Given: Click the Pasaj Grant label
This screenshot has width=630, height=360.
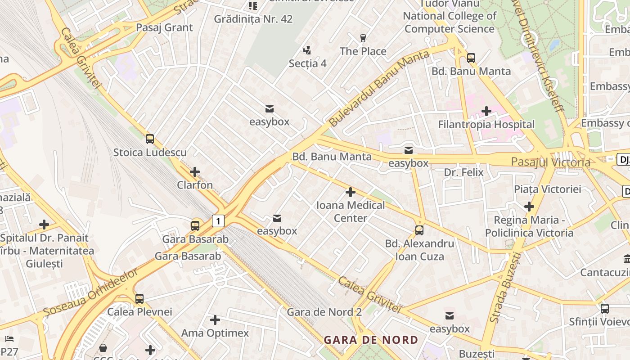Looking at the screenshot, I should (164, 27).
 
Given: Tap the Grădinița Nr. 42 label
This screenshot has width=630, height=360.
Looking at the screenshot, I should (253, 19).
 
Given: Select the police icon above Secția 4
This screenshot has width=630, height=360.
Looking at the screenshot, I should (307, 50).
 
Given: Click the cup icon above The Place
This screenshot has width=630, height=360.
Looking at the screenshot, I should (363, 38).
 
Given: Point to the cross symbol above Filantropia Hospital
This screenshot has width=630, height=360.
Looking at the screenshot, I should (486, 111).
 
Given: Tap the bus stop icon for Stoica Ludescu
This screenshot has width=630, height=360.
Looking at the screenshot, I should (150, 139).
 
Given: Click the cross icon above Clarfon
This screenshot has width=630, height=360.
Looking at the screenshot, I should (195, 172).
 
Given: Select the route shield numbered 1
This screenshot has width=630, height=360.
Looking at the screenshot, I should (218, 221).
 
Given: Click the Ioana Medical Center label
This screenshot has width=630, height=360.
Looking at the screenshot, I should (351, 211).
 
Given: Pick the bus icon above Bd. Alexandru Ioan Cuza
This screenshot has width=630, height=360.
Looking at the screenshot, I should (419, 230).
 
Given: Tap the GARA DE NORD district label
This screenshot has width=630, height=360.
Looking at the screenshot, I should (371, 340).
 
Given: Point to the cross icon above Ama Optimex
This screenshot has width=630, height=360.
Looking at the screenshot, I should (215, 320).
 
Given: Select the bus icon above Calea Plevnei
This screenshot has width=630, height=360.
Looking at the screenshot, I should (139, 298).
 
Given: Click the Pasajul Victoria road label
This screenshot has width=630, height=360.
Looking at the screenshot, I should (550, 162).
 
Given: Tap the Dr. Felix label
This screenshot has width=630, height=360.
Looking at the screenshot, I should (463, 172).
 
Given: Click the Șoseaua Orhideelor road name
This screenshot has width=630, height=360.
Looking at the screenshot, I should (91, 292).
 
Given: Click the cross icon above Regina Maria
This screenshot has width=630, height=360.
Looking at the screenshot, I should (529, 207).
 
